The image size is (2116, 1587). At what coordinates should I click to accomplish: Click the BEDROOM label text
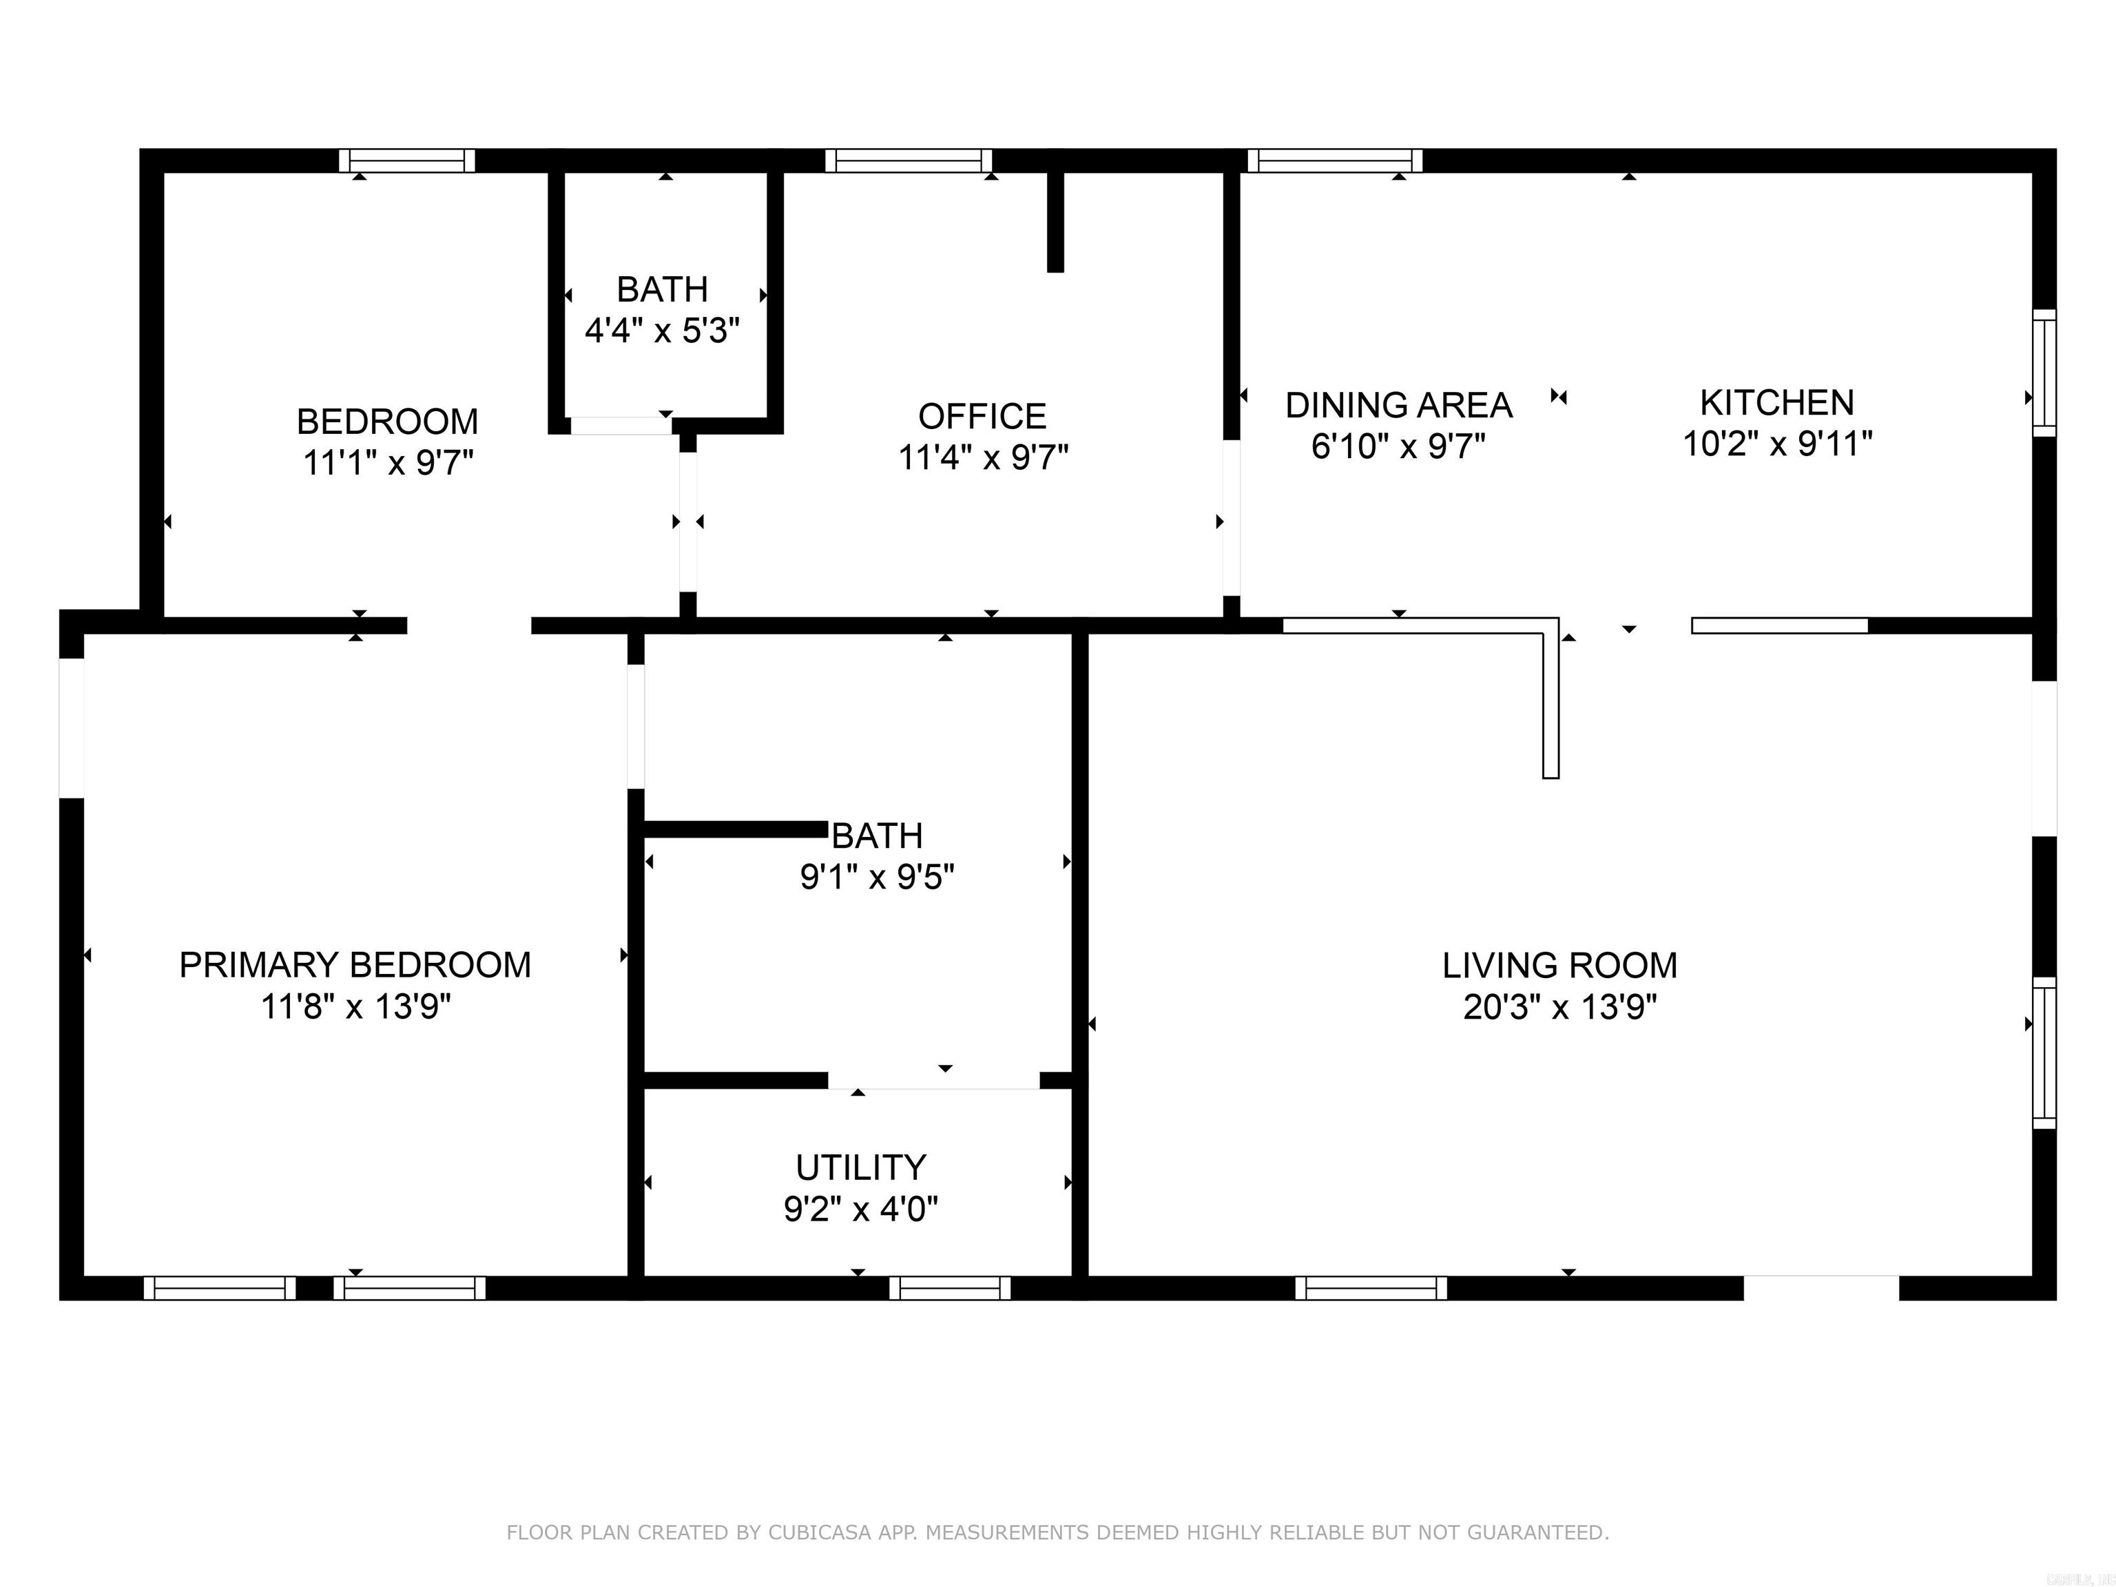387,421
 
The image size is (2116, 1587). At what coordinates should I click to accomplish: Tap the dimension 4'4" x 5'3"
662,331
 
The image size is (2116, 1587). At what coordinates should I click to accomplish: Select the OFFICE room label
982,416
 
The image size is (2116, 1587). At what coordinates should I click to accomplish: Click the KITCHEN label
1776,403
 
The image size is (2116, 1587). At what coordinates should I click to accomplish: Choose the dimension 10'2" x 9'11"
1776,444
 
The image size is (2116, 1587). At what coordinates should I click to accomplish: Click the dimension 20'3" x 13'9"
1559,1007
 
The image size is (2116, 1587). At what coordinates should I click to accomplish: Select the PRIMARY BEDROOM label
355,964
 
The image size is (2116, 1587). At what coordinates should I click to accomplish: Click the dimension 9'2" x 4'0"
861,1209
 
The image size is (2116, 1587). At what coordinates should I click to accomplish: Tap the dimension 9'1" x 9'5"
878,876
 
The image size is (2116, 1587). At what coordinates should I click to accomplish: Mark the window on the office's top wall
909,160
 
